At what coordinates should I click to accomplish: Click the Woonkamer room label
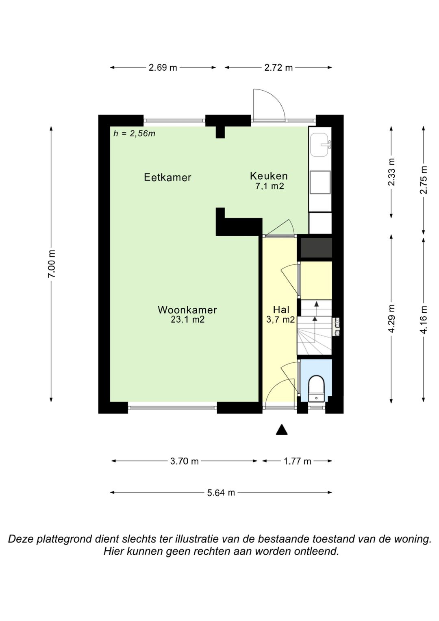pos(187,309)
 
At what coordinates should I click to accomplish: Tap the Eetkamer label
pos(167,177)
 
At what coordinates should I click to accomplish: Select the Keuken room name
pos(269,176)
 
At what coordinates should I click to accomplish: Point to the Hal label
pos(281,309)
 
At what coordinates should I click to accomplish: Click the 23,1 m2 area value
pos(188,320)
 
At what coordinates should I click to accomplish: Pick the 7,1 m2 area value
pos(269,186)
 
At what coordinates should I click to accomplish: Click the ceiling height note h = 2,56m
pos(135,134)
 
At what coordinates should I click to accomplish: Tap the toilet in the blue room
pos(316,388)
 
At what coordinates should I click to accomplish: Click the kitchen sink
pos(321,144)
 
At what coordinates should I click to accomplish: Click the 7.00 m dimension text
pos(52,264)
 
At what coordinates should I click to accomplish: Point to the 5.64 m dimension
pos(221,492)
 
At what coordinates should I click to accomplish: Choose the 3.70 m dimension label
pos(184,461)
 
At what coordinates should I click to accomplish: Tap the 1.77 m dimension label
pos(297,461)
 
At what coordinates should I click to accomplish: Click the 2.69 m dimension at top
pos(163,68)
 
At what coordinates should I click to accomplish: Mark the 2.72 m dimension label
pos(278,68)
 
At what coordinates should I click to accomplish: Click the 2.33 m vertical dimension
pos(391,172)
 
